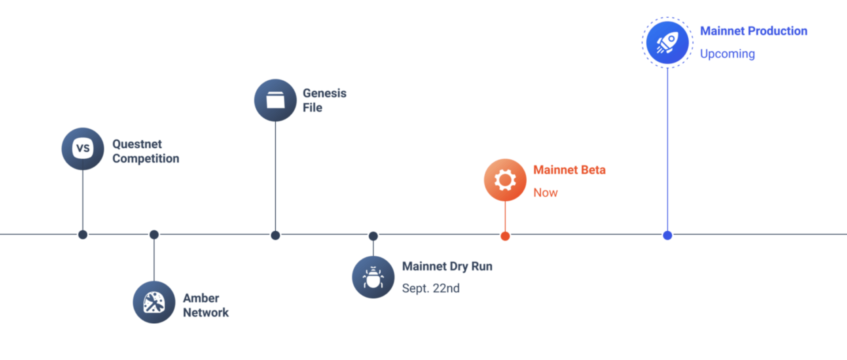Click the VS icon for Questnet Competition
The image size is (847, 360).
click(83, 149)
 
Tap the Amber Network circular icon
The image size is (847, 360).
click(154, 302)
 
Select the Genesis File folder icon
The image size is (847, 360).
click(275, 100)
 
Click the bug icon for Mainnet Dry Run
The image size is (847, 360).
click(373, 277)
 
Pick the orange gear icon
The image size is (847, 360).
click(505, 180)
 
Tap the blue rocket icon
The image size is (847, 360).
click(667, 43)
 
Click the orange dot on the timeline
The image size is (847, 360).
click(505, 236)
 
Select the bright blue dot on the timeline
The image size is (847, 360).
click(667, 235)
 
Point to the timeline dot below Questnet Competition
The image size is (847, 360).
click(82, 235)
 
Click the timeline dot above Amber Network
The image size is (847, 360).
click(154, 235)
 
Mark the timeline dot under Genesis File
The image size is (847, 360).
click(275, 235)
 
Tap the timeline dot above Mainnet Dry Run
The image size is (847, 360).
click(373, 236)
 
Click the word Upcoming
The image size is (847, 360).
click(727, 54)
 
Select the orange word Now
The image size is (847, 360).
click(545, 193)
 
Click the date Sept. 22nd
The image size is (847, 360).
click(431, 288)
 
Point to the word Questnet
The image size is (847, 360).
click(137, 144)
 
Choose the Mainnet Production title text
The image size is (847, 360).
click(753, 31)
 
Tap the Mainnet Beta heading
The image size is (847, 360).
click(569, 170)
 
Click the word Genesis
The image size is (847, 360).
click(324, 93)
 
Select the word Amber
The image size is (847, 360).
click(201, 298)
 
